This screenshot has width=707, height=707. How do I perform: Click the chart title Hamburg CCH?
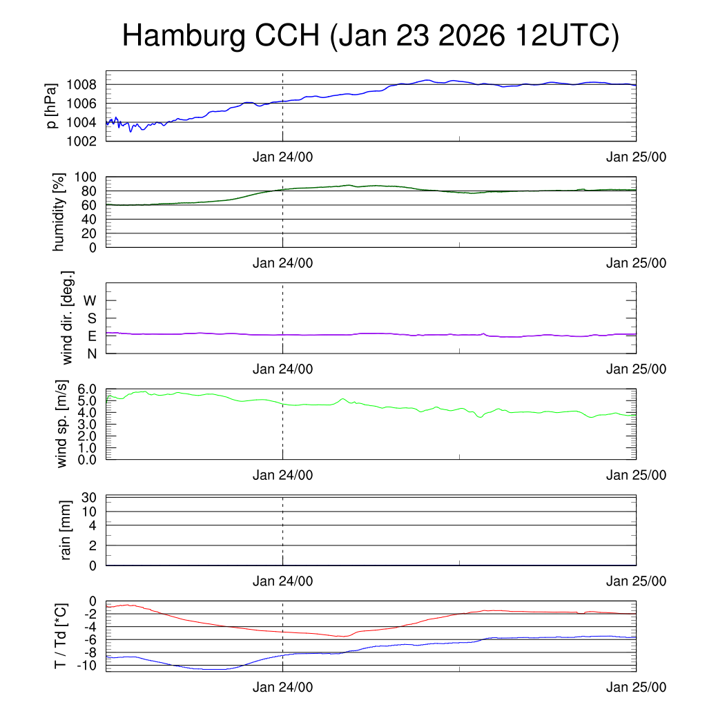click(x=370, y=36)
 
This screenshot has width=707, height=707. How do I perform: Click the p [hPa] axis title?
click(x=51, y=106)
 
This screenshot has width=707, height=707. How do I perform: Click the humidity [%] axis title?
click(x=59, y=212)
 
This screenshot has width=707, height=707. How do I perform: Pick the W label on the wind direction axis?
click(x=90, y=300)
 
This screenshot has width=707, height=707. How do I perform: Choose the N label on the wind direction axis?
click(x=91, y=353)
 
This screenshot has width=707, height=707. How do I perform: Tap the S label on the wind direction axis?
click(x=91, y=318)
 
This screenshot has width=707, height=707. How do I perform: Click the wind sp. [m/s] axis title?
click(x=62, y=424)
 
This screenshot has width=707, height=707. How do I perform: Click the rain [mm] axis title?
click(x=66, y=530)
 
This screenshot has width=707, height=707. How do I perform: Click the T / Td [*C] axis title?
click(x=61, y=636)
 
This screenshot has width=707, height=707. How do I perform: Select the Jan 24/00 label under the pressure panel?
click(x=282, y=157)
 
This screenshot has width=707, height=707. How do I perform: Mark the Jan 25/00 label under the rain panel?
click(x=636, y=581)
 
